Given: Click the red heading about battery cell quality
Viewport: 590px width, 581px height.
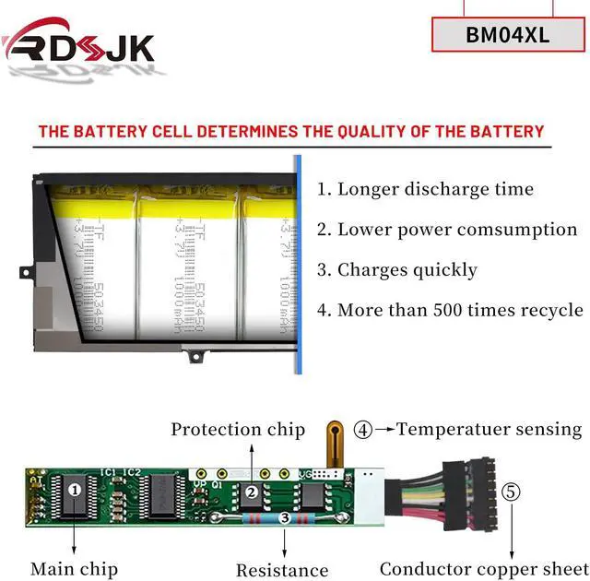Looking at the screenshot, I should pos(291,132).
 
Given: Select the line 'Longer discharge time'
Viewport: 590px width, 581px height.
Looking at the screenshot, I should pos(425,190).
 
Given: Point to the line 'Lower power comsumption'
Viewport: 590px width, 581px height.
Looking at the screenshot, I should pos(447,230).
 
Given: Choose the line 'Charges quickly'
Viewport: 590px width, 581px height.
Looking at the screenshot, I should pos(397,270).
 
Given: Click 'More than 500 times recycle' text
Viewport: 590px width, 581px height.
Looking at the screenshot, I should pos(450,310).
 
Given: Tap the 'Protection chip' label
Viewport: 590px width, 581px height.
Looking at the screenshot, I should pos(237,429).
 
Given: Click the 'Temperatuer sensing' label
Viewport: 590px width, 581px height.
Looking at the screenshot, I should pos(489,429).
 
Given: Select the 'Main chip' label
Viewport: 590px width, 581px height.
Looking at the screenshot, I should pos(73,569).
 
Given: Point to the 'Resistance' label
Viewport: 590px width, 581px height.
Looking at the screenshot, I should pos(282,570).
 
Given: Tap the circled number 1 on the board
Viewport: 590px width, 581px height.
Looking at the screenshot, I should pos(75,490).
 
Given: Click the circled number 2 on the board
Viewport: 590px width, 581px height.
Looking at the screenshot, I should pos(251,492).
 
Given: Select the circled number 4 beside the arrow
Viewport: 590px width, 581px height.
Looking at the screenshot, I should pos(364,429).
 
